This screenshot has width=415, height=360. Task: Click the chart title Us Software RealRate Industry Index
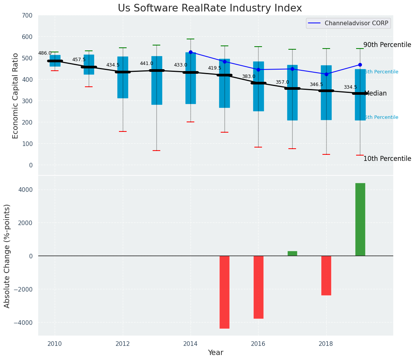tap(210, 8)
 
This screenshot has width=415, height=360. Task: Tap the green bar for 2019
tap(360, 219)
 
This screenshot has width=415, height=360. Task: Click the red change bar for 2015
tap(224, 292)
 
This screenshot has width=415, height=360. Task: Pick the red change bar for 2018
tap(326, 276)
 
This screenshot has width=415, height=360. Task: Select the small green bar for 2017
tap(292, 253)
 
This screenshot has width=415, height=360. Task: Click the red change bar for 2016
tap(258, 287)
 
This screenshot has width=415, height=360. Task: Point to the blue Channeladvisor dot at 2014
tap(190, 52)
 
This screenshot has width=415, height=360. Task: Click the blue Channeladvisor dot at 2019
tap(360, 65)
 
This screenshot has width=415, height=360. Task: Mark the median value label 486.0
tap(45, 54)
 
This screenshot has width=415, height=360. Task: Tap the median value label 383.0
tap(248, 77)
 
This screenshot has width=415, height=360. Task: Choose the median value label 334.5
tap(350, 88)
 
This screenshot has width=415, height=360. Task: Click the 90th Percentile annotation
tap(387, 45)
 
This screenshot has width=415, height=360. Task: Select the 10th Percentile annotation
tap(387, 159)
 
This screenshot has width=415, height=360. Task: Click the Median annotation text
tap(376, 94)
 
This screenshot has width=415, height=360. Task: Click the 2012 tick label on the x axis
tap(123, 344)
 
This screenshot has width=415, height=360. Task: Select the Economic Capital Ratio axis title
tap(16, 96)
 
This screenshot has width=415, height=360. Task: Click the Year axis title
tap(215, 353)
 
